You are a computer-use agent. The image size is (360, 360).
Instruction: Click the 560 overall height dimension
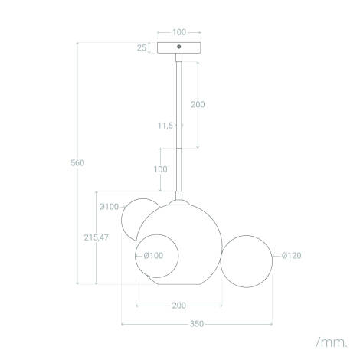77,162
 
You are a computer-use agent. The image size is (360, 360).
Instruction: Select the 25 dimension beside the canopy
142,47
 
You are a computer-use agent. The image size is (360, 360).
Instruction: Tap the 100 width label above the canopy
178,32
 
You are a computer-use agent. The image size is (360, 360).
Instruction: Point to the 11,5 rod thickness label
165,124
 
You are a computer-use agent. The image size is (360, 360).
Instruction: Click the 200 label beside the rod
198,104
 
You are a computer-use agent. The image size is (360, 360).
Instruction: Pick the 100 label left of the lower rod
160,169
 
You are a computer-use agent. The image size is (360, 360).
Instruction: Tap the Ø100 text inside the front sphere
153,256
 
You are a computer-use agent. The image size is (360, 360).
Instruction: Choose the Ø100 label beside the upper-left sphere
109,206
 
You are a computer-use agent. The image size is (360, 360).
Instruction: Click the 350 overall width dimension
196,324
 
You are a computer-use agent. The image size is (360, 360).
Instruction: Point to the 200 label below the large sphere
178,306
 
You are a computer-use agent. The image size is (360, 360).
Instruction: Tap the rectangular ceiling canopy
178,47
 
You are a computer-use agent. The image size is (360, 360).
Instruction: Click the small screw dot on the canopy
178,47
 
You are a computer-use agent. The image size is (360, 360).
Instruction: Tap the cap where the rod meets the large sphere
179,201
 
